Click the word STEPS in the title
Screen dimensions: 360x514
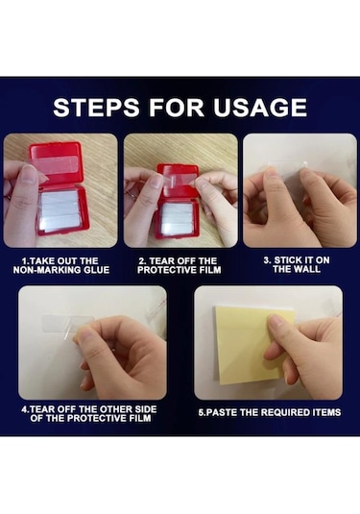[96, 108]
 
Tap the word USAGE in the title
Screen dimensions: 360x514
[260, 108]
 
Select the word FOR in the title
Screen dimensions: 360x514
[177, 108]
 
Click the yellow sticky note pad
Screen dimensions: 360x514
[252, 345]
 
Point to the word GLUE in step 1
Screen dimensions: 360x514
[97, 270]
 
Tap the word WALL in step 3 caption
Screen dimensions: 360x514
[306, 269]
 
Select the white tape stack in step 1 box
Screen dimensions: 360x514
[60, 210]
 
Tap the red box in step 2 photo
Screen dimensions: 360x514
[179, 201]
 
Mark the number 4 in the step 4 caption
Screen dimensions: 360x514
[24, 409]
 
